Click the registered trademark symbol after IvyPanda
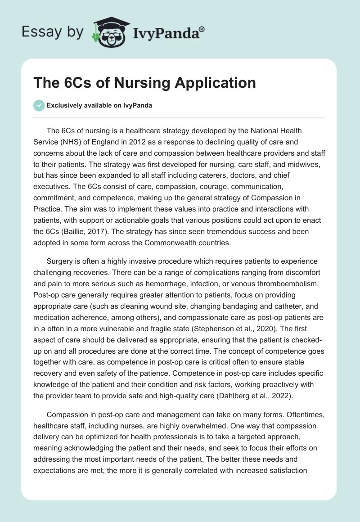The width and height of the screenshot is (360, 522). [202, 29]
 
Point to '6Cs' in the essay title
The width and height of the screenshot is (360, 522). [74, 83]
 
